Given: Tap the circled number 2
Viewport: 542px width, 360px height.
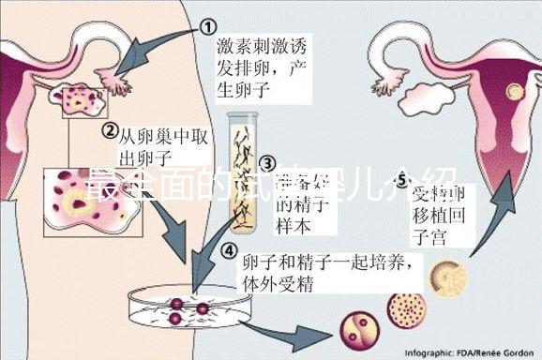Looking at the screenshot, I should pos(110,129).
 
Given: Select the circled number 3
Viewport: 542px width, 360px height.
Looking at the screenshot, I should pos(267,166).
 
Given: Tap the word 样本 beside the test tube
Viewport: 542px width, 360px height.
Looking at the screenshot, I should pos(290,226).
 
